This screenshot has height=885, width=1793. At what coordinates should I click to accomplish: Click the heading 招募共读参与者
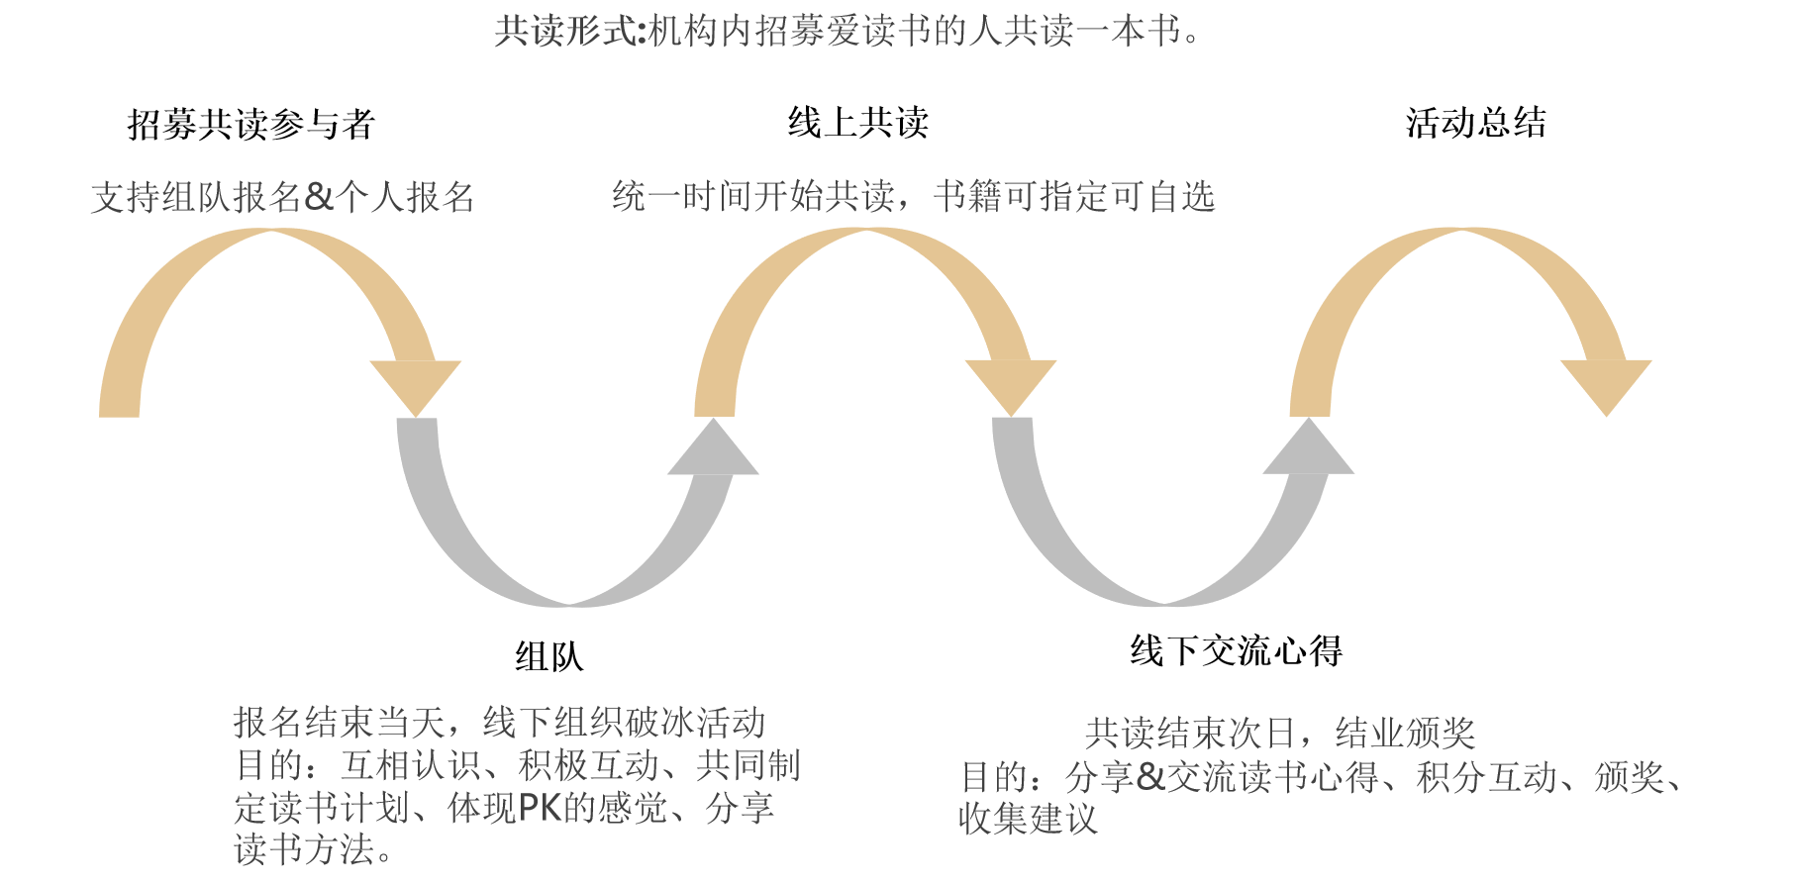tap(251, 125)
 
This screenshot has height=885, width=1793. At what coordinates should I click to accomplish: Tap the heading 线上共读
tap(858, 123)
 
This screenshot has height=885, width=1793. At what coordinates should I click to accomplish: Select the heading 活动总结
tap(1475, 123)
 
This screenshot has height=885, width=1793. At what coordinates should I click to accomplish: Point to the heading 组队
tap(549, 656)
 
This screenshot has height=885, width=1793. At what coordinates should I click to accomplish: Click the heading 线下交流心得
tap(1236, 651)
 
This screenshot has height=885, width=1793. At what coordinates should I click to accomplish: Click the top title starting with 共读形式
tap(847, 32)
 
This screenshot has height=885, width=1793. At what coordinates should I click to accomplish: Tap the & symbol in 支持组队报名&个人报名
tap(319, 197)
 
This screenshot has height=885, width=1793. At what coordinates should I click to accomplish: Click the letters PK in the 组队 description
tap(540, 808)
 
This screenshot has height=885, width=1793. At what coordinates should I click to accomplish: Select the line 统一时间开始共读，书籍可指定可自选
tap(913, 196)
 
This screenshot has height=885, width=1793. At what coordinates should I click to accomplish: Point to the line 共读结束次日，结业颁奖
tap(1279, 734)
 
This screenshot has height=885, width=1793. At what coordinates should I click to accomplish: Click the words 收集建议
tap(1028, 820)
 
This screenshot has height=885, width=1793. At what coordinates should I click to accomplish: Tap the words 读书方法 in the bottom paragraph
tap(305, 849)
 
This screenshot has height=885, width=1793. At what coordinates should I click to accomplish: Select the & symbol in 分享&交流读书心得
tap(1150, 777)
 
